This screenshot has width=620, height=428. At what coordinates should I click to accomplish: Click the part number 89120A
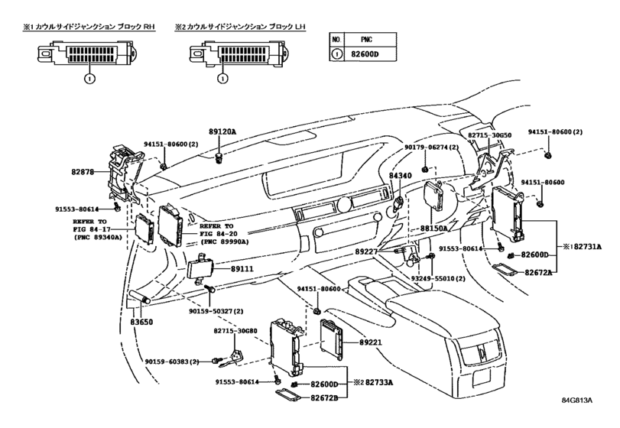[x=222, y=131]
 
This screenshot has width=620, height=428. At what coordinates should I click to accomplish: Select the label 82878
[x=83, y=172]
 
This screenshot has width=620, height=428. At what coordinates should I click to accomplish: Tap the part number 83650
[x=141, y=322]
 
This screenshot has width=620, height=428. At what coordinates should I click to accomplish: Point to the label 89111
[x=242, y=269]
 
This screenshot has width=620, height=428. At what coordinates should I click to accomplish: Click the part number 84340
[x=400, y=176]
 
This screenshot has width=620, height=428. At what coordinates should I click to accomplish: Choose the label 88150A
[x=433, y=229]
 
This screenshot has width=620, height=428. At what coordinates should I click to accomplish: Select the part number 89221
[x=371, y=342]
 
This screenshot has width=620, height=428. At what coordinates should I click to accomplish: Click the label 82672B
[x=324, y=397]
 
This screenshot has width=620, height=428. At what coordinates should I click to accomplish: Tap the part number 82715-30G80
[x=235, y=331]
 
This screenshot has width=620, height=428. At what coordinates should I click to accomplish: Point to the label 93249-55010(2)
[x=438, y=279]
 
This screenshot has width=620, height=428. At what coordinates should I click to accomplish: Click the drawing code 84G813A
[x=577, y=400]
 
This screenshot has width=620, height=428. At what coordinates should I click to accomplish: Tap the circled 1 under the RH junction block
[x=89, y=79]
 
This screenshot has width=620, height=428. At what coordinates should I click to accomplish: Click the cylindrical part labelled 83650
[x=140, y=297]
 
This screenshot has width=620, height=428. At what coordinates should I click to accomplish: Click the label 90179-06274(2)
[x=431, y=147]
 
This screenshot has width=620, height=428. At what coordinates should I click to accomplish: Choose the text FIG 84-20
[x=219, y=234]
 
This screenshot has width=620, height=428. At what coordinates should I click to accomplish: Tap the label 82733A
[x=379, y=383]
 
